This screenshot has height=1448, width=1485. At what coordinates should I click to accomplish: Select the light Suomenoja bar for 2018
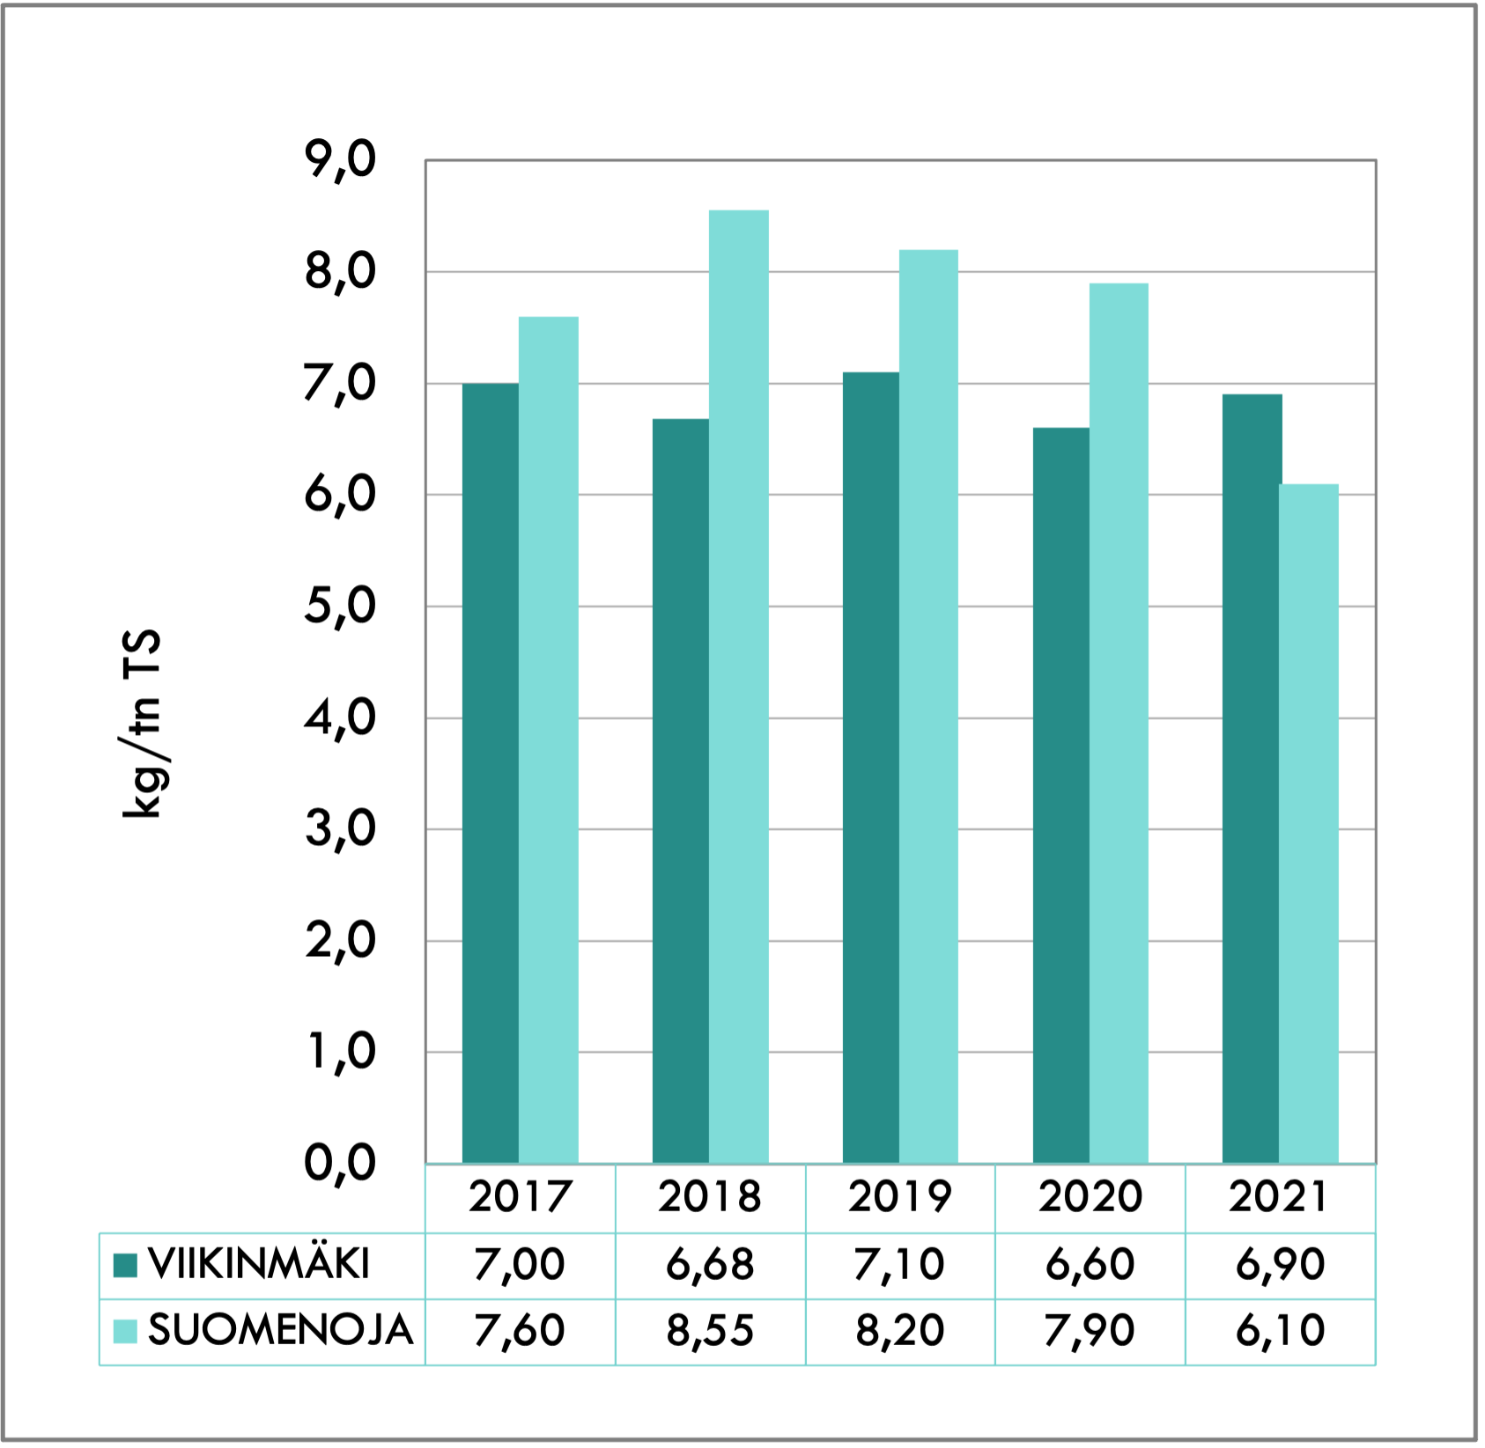pyautogui.click(x=738, y=687)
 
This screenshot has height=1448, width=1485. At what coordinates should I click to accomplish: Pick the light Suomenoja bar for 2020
pyautogui.click(x=1119, y=723)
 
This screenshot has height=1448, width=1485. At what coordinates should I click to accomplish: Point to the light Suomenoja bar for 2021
pyautogui.click(x=1308, y=823)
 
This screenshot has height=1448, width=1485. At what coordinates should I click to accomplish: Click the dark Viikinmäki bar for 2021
pyautogui.click(x=1251, y=778)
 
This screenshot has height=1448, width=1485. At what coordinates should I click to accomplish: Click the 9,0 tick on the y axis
pyautogui.click(x=340, y=161)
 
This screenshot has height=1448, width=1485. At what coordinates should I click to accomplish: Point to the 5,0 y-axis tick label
pyautogui.click(x=340, y=606)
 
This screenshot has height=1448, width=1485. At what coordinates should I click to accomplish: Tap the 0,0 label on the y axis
pyautogui.click(x=340, y=1163)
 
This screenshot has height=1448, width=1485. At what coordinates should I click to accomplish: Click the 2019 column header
pyautogui.click(x=899, y=1197)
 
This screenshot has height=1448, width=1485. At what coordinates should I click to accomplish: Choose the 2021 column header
pyautogui.click(x=1279, y=1197)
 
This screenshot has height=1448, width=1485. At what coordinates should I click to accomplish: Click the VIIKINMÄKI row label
pyautogui.click(x=259, y=1265)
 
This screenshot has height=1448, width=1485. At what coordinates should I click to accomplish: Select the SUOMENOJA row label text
pyautogui.click(x=280, y=1331)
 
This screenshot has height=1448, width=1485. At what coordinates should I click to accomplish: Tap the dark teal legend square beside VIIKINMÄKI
pyautogui.click(x=126, y=1266)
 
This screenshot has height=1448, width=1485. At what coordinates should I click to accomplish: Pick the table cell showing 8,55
pyautogui.click(x=710, y=1331)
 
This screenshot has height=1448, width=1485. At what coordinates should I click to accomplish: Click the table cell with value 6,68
pyautogui.click(x=710, y=1265)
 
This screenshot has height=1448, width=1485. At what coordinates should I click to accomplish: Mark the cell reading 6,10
pyautogui.click(x=1280, y=1331)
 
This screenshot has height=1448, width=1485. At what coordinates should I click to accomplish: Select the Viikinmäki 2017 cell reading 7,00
pyautogui.click(x=520, y=1265)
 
